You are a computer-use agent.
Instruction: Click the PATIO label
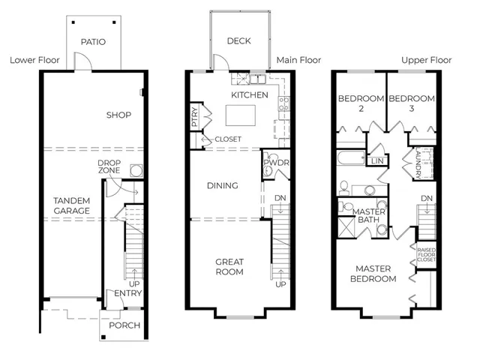coord(93,42)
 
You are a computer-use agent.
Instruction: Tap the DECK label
coord(238,40)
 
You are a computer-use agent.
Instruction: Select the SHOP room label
coord(118,115)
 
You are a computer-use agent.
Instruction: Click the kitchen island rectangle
coord(241,115)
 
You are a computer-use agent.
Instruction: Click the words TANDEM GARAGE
coord(72,205)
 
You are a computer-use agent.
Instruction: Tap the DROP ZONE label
coord(109,166)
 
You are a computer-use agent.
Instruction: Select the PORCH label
coord(124,325)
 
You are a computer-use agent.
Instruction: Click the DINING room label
coord(223,185)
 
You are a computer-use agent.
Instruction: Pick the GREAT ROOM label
coord(229,267)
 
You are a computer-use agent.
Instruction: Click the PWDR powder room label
coord(277,163)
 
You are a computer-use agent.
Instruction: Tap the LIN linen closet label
coord(377,161)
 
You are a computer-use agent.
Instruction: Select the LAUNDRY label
coord(418,163)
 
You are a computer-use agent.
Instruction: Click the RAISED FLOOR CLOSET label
coord(427,255)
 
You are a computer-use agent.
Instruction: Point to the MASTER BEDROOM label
coord(373,274)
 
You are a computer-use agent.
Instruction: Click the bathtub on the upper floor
coord(352,157)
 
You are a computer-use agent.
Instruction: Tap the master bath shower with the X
coord(346,226)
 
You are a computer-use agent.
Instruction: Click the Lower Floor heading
coord(34,60)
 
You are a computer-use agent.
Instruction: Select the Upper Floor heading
coord(427,60)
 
